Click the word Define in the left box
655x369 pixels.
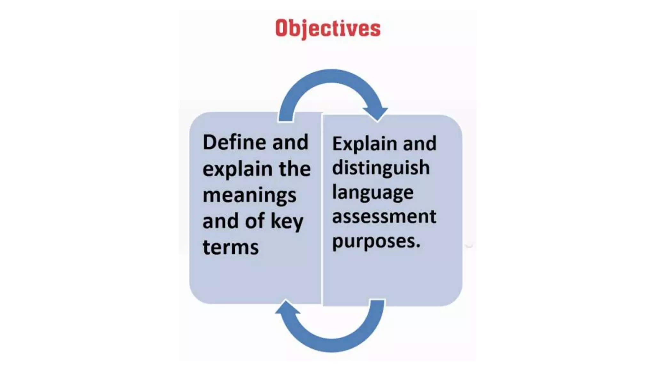(x=234, y=142)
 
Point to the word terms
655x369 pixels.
(x=231, y=248)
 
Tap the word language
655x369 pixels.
(x=373, y=193)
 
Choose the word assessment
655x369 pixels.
(x=384, y=217)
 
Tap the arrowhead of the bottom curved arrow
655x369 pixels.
(x=287, y=308)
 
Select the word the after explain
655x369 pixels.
(x=295, y=169)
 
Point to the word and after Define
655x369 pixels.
(x=290, y=142)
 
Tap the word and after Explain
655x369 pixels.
(x=420, y=143)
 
